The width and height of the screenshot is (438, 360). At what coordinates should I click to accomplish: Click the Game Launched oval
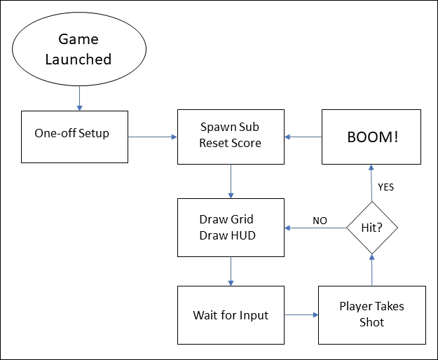click(78, 49)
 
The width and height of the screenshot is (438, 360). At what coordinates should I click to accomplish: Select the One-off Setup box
click(75, 137)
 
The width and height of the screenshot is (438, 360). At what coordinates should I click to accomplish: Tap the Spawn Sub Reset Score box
click(231, 137)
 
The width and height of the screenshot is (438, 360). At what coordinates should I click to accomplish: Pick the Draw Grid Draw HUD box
click(231, 228)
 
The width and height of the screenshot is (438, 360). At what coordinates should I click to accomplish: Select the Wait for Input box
click(231, 315)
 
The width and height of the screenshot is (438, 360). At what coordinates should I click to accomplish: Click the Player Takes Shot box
click(371, 314)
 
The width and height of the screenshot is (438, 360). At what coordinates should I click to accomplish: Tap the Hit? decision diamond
click(372, 228)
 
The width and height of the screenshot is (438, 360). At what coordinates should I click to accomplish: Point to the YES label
click(386, 187)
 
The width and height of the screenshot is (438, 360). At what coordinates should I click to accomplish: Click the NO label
click(320, 220)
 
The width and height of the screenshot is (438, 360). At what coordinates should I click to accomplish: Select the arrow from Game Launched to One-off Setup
click(79, 98)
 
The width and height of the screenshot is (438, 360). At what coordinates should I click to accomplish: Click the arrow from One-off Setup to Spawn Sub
click(152, 137)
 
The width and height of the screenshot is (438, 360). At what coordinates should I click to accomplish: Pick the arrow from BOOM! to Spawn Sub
click(303, 137)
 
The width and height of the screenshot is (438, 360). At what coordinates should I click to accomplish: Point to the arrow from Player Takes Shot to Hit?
click(372, 270)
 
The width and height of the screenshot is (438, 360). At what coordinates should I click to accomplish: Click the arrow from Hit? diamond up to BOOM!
click(371, 184)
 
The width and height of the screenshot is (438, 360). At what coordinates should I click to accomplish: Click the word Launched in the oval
click(78, 60)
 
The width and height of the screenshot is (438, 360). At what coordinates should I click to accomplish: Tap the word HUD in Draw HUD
click(242, 235)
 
